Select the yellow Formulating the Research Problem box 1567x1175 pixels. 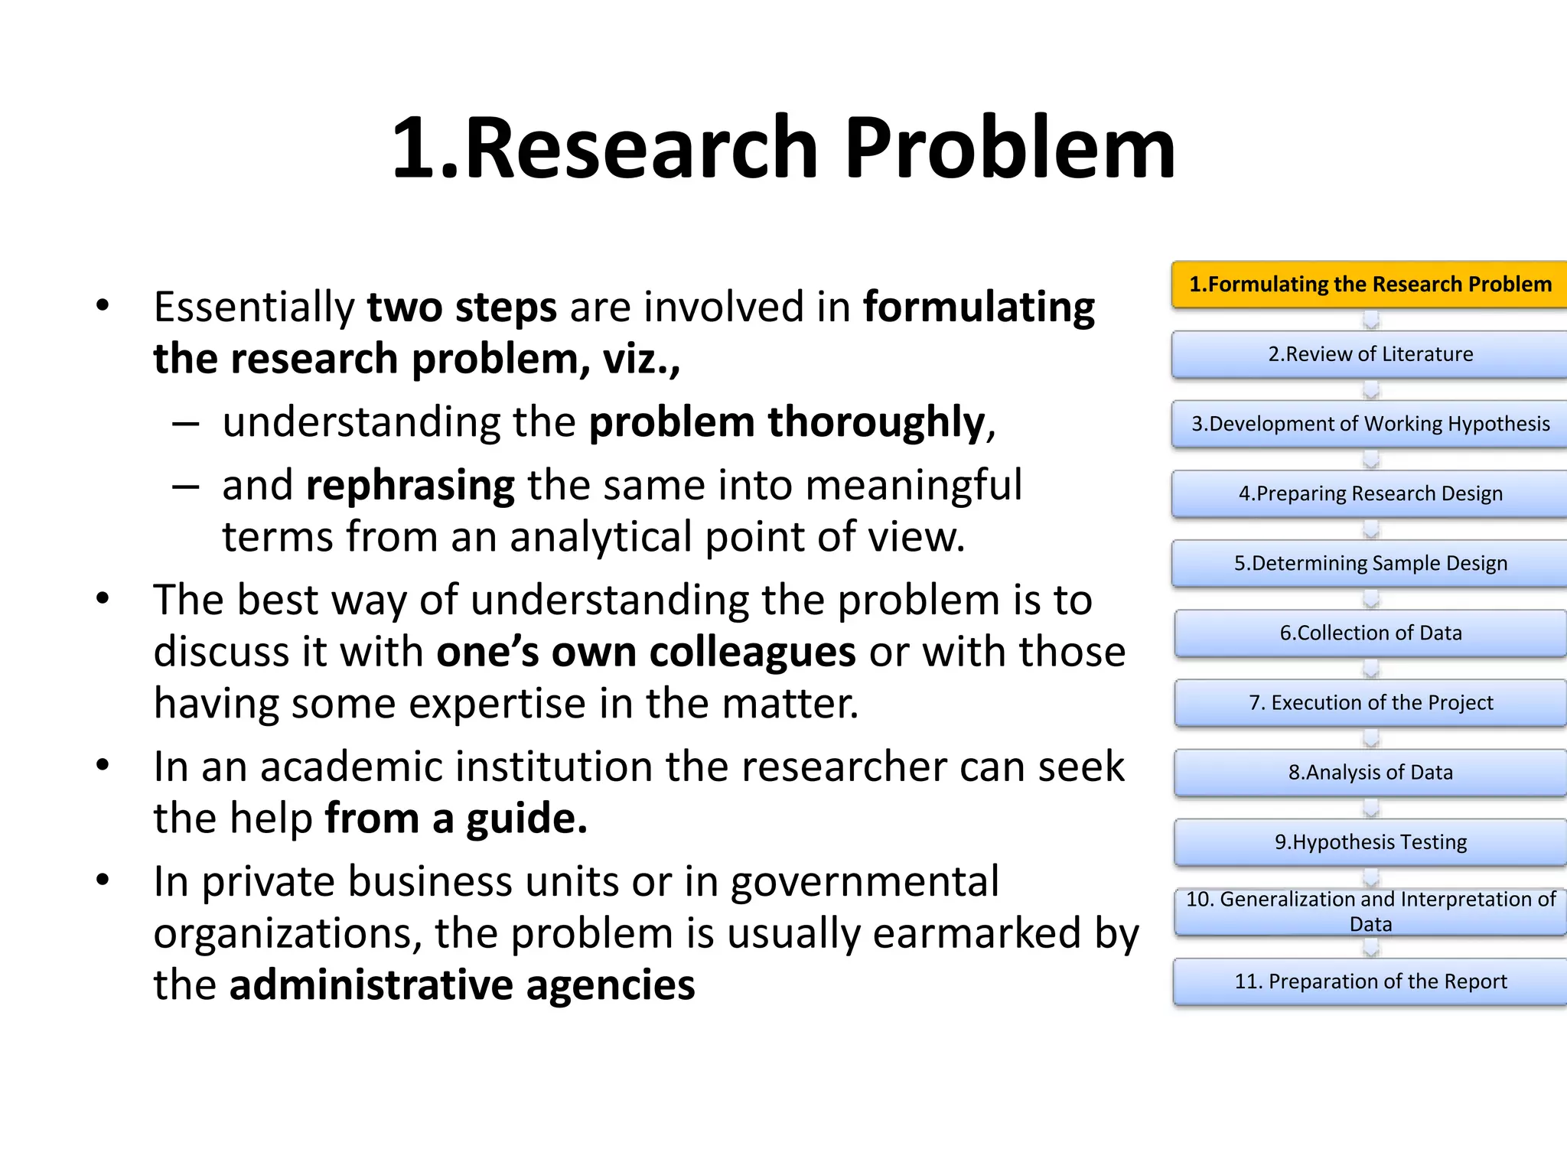coord(1370,285)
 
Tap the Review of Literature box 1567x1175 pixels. coord(1370,354)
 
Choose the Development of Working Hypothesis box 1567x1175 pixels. coord(1370,424)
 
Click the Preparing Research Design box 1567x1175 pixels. coord(1370,493)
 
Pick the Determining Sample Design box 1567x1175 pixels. coord(1370,563)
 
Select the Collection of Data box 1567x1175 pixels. coord(1370,633)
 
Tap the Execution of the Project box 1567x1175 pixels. coord(1370,702)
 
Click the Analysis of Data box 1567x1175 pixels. coord(1370,772)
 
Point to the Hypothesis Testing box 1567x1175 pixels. coord(1370,841)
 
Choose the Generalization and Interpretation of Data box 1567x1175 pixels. coord(1370,911)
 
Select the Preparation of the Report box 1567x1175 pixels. coord(1370,981)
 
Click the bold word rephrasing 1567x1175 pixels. coord(410,487)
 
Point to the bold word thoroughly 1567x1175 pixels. coord(876,423)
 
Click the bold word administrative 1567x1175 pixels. coord(371,985)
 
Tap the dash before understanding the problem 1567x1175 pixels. coord(186,423)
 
